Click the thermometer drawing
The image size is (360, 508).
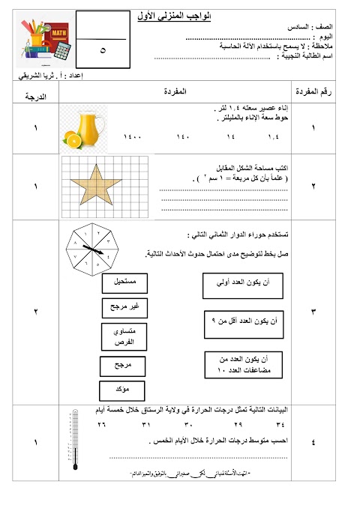[x=75, y=441]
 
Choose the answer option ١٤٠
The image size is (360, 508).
[x=184, y=138]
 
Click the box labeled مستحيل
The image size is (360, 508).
[x=124, y=284]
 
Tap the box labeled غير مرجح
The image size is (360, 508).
[x=124, y=307]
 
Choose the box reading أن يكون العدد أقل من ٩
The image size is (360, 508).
[x=244, y=322]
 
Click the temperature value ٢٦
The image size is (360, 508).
[x=101, y=426]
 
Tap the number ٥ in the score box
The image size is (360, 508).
[x=102, y=50]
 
